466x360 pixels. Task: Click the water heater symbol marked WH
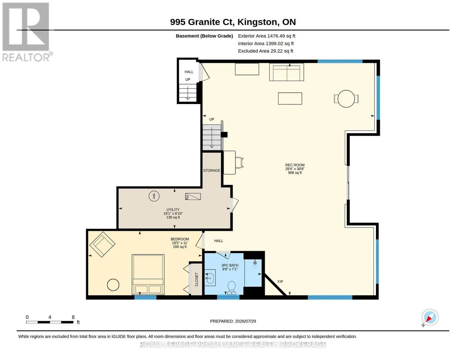click(x=154, y=196)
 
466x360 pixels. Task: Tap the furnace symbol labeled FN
click(x=193, y=196)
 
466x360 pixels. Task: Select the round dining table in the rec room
click(x=346, y=99)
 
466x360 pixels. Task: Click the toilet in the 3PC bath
click(x=232, y=288)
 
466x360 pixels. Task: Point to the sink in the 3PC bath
click(x=210, y=278)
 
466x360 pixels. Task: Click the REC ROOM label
click(x=295, y=165)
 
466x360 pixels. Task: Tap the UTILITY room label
click(x=173, y=209)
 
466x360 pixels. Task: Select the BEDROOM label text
click(x=180, y=239)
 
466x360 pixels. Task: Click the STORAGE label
click(x=212, y=170)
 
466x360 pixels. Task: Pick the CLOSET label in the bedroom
click(x=197, y=279)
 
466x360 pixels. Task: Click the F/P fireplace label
click(x=280, y=281)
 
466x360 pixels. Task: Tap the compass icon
click(x=430, y=317)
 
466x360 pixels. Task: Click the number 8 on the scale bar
click(x=73, y=317)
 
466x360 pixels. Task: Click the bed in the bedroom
click(x=148, y=275)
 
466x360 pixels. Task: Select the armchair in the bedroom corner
click(x=102, y=244)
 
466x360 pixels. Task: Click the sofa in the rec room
click(x=287, y=72)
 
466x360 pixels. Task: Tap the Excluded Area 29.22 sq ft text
click(x=266, y=51)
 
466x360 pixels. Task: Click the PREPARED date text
click(x=233, y=321)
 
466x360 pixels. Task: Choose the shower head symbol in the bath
click(x=255, y=263)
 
